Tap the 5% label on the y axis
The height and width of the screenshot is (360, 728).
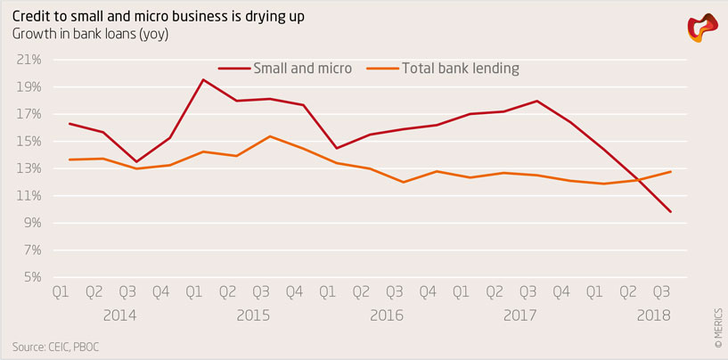pyautogui.click(x=33, y=277)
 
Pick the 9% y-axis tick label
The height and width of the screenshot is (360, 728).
pyautogui.click(x=33, y=223)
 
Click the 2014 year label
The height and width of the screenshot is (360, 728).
pyautogui.click(x=119, y=315)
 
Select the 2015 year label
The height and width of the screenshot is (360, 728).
pyautogui.click(x=253, y=315)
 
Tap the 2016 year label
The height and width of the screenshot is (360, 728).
pyautogui.click(x=386, y=315)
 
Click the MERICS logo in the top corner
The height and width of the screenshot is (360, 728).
pyautogui.click(x=702, y=29)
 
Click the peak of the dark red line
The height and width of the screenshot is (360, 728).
pyautogui.click(x=203, y=80)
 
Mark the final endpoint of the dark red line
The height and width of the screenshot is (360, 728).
pyautogui.click(x=670, y=212)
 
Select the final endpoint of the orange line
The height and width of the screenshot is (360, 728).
pyautogui.click(x=670, y=171)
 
